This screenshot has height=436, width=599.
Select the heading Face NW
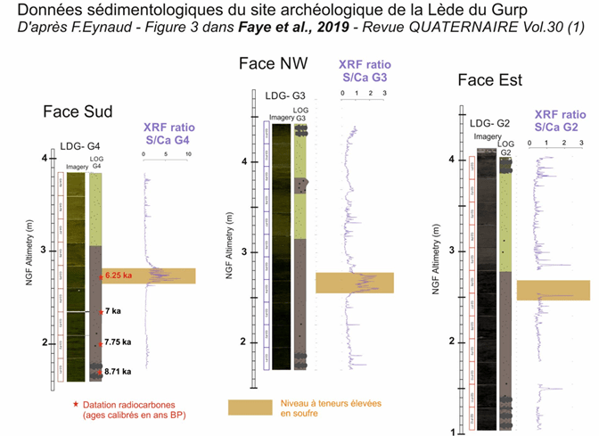[275, 63]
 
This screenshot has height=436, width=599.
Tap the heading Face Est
[489, 81]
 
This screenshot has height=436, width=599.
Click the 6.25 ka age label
[119, 276]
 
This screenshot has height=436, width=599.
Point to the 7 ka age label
[111, 311]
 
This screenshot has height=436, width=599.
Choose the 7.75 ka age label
[117, 342]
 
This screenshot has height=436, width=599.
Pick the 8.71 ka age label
[117, 371]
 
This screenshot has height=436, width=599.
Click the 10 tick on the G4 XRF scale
[188, 154]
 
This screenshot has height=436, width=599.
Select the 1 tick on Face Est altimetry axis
[452, 431]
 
